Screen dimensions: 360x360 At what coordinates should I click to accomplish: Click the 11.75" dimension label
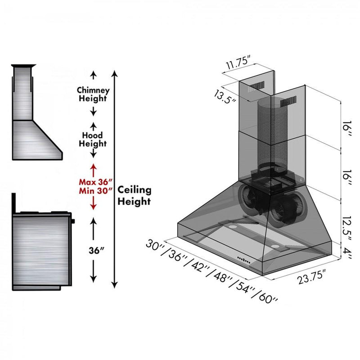tap(238, 63)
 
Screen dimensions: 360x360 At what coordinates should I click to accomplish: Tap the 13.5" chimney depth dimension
tap(225, 97)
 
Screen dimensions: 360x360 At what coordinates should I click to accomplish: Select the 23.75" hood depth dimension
tap(311, 277)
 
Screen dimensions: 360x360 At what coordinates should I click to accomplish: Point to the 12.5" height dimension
tap(346, 229)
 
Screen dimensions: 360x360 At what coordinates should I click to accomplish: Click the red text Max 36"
tap(96, 182)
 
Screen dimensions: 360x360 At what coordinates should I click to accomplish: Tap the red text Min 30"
tap(96, 191)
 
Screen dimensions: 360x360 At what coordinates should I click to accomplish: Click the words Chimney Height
tap(93, 94)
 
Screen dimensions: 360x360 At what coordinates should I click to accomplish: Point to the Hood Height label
tap(93, 139)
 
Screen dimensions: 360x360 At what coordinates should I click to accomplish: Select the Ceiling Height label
tap(134, 196)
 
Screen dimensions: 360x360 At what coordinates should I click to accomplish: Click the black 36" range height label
tap(97, 251)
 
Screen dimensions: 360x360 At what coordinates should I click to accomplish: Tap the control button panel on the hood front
tap(244, 260)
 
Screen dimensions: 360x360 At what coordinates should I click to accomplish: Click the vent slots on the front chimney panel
tap(288, 102)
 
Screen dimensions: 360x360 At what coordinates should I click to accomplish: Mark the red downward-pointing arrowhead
tap(93, 206)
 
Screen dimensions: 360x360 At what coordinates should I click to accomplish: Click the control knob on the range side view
tap(73, 221)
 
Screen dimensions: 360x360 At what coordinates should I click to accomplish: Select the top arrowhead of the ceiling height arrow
tap(115, 73)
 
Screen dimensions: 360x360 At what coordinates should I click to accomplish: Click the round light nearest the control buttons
tap(274, 246)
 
